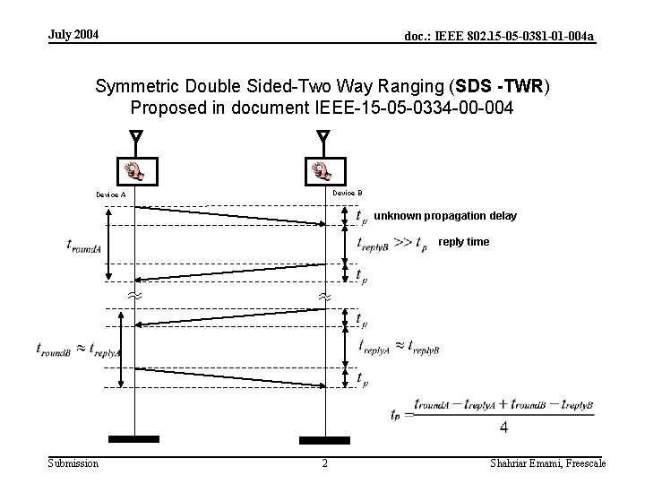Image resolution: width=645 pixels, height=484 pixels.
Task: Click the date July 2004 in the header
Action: click(x=73, y=35)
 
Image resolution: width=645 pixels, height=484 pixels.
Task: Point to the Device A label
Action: click(x=111, y=194)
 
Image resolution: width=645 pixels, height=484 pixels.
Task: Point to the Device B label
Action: click(x=347, y=193)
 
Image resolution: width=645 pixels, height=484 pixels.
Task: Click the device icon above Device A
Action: click(x=136, y=169)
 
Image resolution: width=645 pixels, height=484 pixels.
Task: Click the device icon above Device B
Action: click(x=322, y=169)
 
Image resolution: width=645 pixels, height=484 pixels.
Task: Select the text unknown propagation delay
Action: click(x=444, y=216)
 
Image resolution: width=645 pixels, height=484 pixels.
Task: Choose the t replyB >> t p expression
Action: click(x=391, y=244)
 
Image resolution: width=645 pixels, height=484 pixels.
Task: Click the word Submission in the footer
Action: click(x=73, y=462)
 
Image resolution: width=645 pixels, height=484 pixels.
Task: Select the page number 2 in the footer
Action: click(x=324, y=463)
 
